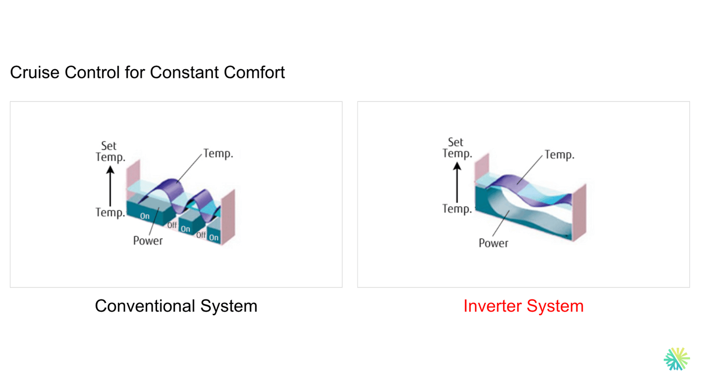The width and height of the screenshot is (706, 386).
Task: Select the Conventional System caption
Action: [x=176, y=306]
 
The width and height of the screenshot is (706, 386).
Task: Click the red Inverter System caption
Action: [x=523, y=306]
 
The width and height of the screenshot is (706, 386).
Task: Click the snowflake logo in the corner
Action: [x=676, y=359]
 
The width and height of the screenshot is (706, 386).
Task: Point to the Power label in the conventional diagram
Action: [x=148, y=241]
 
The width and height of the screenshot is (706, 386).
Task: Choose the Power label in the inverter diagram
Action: [x=493, y=243]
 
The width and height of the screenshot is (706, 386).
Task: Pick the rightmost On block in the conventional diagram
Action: [x=214, y=237]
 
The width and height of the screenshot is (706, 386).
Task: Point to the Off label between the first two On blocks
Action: [x=172, y=225]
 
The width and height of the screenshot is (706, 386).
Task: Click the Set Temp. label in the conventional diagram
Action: [x=110, y=152]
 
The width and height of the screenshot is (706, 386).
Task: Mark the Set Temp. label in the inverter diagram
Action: [x=457, y=148]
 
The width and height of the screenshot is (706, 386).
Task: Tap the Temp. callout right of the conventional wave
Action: [x=218, y=154]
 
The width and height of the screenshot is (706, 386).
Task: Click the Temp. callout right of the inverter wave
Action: [x=559, y=155]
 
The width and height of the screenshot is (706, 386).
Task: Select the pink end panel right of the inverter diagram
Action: [x=579, y=211]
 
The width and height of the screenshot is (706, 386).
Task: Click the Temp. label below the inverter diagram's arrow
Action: [x=457, y=209]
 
